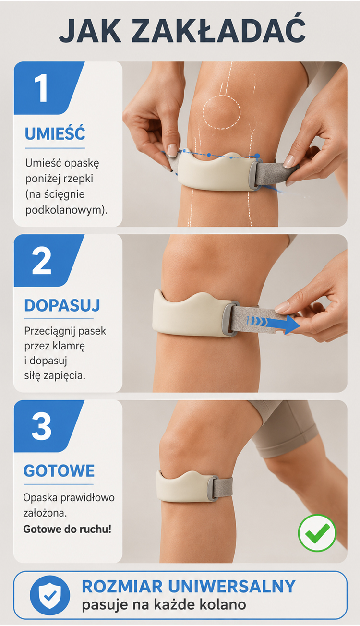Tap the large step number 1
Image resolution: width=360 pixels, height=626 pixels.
(x=41, y=88)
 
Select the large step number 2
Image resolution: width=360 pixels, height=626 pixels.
(x=42, y=261)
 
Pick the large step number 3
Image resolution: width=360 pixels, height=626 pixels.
(x=42, y=427)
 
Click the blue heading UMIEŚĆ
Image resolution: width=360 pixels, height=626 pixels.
(x=55, y=133)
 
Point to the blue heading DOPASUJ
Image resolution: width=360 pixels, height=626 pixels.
(x=62, y=305)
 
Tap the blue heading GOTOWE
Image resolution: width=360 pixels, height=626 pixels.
(x=59, y=470)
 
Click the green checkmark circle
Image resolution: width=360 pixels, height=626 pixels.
(x=317, y=533)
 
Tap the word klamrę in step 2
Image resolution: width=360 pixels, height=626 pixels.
(x=69, y=346)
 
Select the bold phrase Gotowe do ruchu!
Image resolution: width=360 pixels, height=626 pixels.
(x=67, y=529)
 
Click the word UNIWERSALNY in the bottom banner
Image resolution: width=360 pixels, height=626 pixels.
(x=232, y=586)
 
